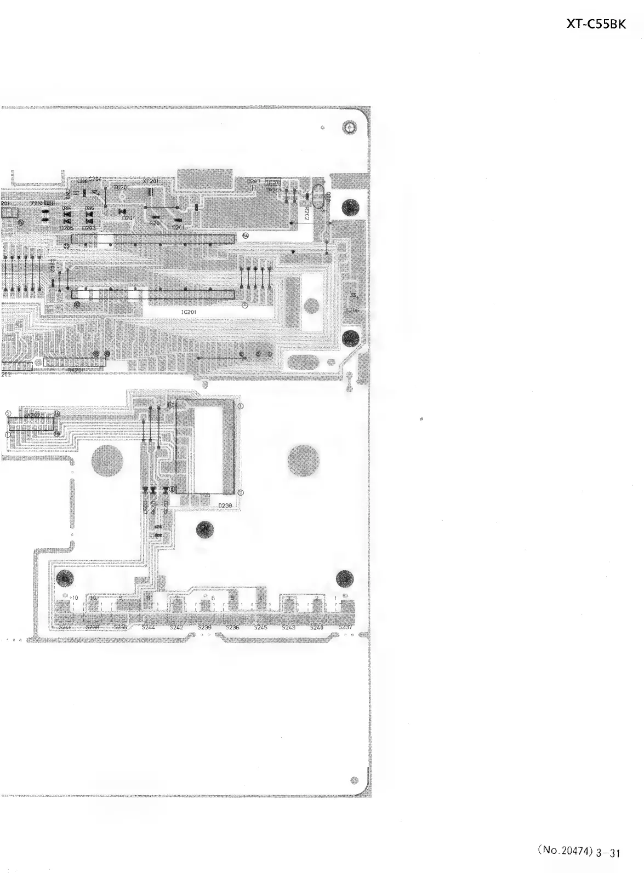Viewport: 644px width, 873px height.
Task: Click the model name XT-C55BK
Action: coord(595,25)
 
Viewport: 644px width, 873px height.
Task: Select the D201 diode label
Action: coord(128,218)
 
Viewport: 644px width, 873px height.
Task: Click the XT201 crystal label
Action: coord(151,181)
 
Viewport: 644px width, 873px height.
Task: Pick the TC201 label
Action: coord(121,187)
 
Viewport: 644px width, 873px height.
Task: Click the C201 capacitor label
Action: coord(178,227)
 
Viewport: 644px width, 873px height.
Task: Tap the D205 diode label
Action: coord(66,227)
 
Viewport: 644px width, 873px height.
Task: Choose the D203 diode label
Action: coord(89,227)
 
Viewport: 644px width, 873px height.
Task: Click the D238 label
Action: coord(226,506)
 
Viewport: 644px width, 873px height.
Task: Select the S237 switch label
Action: coord(346,628)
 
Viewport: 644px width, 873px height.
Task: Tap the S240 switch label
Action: coord(317,628)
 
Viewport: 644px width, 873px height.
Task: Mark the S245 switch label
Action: coord(260,628)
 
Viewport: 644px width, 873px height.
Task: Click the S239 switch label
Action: coord(204,628)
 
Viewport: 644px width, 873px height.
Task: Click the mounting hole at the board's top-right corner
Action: coord(350,128)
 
